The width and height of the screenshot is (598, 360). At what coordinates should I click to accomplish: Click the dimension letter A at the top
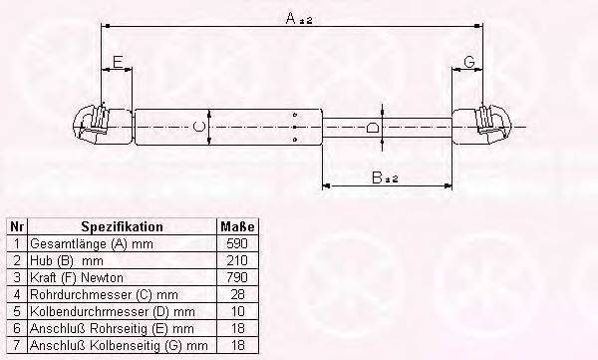[291, 18]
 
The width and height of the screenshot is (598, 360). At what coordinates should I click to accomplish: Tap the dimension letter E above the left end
[118, 62]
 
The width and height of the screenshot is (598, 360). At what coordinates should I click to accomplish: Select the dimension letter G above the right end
[469, 62]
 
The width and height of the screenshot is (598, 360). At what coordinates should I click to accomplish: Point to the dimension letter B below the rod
[377, 178]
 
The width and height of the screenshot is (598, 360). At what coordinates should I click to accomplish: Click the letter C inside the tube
[199, 127]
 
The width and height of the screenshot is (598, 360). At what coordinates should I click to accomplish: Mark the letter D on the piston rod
[372, 127]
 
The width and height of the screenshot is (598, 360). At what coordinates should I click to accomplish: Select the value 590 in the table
[237, 243]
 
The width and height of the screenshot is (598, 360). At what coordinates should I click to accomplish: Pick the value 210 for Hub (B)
[237, 260]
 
